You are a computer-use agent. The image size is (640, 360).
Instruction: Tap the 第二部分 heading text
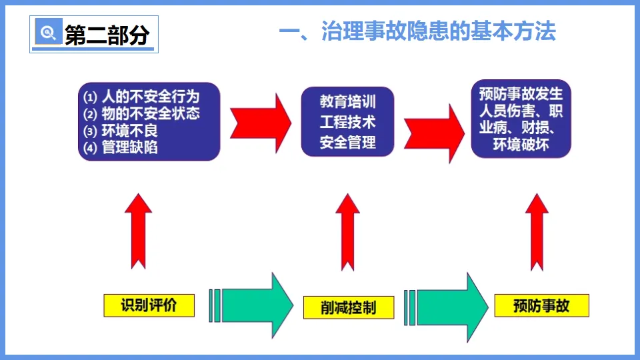tap(107, 35)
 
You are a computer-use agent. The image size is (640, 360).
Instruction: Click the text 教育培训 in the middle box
tap(347, 102)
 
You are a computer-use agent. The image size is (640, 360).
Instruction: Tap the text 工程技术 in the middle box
tap(347, 122)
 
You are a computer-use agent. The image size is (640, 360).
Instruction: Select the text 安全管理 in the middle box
tap(347, 142)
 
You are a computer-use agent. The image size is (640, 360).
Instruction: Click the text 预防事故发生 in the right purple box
tap(521, 93)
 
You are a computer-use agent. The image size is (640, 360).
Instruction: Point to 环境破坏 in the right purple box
tap(521, 144)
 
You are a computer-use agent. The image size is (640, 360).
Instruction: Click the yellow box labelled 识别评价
tap(149, 305)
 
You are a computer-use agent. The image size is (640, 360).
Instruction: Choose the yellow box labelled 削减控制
tap(348, 307)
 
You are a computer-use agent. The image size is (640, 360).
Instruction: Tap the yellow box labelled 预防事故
tap(541, 305)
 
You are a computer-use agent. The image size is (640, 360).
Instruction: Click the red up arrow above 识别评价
tap(139, 231)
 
